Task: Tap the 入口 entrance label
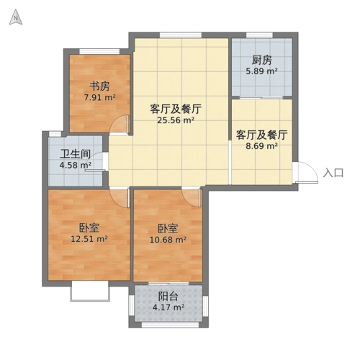point(334,173)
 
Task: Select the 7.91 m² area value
point(99,97)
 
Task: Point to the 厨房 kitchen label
point(261,60)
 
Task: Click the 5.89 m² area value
point(261,71)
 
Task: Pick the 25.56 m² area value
point(175,121)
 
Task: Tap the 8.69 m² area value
point(262,146)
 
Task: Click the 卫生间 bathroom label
point(75,154)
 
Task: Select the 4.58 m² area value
point(75,166)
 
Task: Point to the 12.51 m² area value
point(89,239)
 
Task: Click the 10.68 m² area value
point(168,240)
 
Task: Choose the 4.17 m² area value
point(168,308)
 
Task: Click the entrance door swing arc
point(306,173)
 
